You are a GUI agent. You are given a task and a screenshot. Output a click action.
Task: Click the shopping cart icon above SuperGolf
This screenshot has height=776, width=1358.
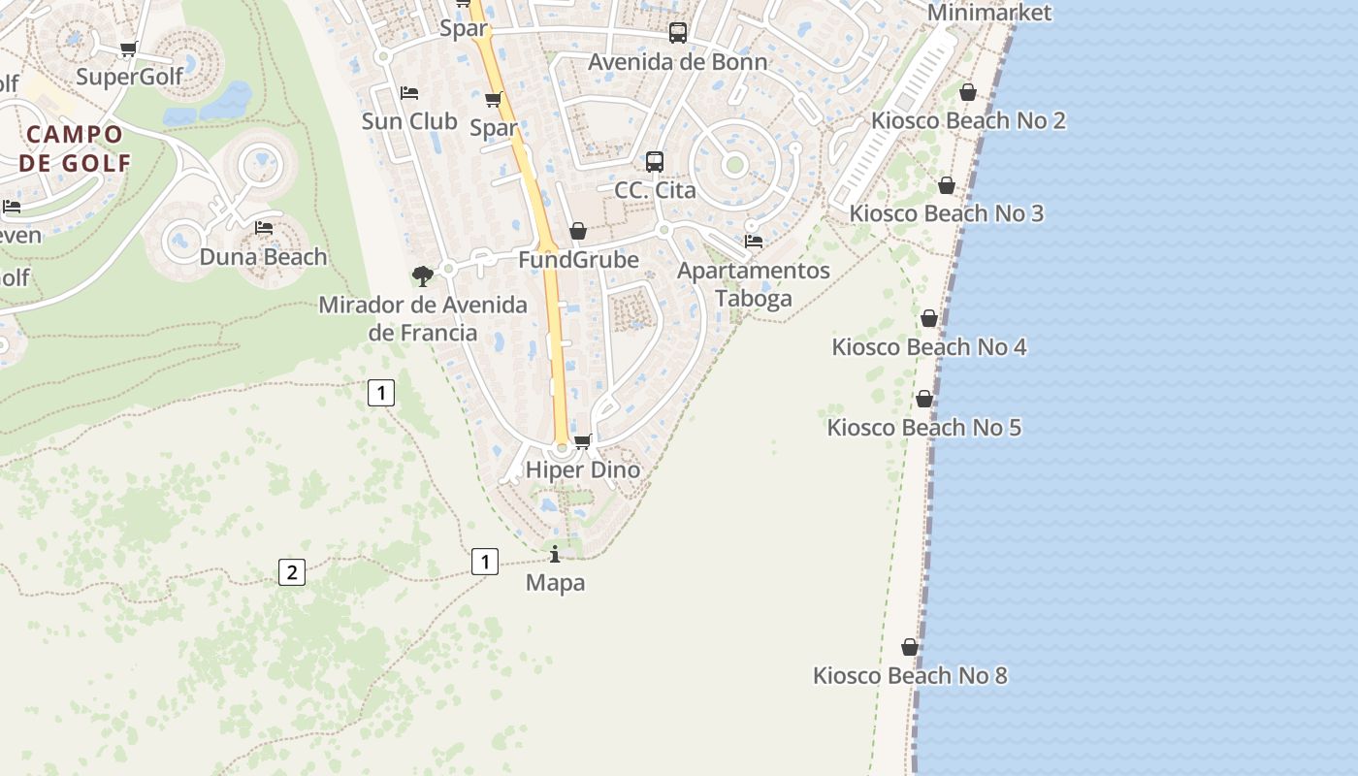pyautogui.click(x=128, y=48)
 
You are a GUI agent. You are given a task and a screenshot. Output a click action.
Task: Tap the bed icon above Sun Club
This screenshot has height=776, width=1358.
pyautogui.click(x=409, y=93)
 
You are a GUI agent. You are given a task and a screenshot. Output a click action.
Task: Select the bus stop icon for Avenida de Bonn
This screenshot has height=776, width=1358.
pyautogui.click(x=678, y=33)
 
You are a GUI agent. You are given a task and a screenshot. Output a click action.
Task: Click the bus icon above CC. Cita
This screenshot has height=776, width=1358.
pyautogui.click(x=655, y=161)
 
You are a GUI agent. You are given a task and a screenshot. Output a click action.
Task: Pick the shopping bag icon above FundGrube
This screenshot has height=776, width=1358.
pyautogui.click(x=578, y=231)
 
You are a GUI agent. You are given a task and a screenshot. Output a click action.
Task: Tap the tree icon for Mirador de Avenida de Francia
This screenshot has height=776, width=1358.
pyautogui.click(x=422, y=276)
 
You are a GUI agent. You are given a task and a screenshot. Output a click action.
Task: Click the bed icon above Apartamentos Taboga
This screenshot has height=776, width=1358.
pyautogui.click(x=753, y=241)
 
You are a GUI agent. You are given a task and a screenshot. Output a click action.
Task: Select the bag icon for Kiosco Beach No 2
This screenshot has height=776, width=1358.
pyautogui.click(x=967, y=92)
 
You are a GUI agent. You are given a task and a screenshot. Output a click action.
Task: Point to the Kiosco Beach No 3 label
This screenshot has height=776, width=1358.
pyautogui.click(x=946, y=213)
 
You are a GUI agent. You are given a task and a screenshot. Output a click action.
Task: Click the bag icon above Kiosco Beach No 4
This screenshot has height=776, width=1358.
pyautogui.click(x=928, y=318)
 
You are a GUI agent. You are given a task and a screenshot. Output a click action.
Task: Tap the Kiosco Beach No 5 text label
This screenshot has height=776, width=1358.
pyautogui.click(x=923, y=428)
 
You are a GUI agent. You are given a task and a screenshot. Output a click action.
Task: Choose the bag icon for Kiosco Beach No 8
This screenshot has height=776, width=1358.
pyautogui.click(x=910, y=647)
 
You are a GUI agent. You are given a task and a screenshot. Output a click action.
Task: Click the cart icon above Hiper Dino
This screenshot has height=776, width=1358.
pyautogui.click(x=583, y=442)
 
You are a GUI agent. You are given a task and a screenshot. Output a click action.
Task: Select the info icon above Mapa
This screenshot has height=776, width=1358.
pyautogui.click(x=555, y=554)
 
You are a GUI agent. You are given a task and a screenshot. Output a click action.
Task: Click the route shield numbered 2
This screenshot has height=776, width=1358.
pyautogui.click(x=291, y=572)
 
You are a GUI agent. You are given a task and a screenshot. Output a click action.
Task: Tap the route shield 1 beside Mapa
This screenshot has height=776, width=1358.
pyautogui.click(x=484, y=561)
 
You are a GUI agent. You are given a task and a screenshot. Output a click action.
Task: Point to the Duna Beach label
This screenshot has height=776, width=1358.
pyautogui.click(x=263, y=257)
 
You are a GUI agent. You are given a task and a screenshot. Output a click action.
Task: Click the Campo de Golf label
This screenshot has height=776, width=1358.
pyautogui.click(x=75, y=148)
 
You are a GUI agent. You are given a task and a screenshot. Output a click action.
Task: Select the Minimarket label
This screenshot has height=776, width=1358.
pyautogui.click(x=989, y=13)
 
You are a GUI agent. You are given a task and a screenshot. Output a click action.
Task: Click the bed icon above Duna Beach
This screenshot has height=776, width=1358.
pyautogui.click(x=264, y=228)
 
